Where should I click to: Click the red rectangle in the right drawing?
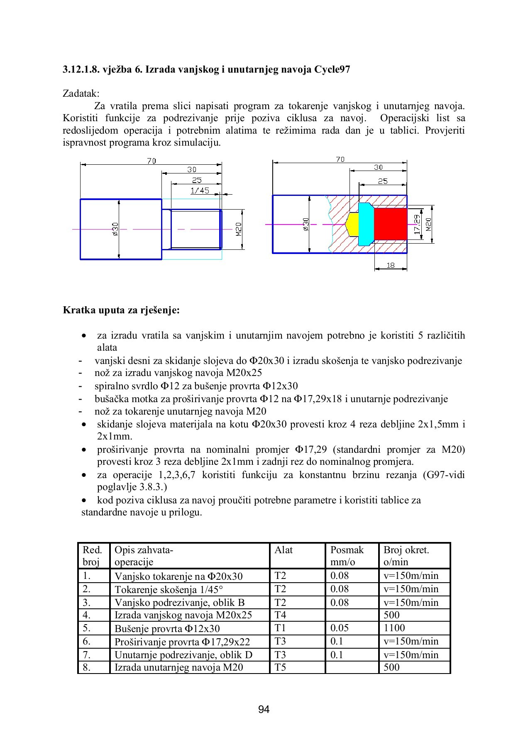pos(390,224)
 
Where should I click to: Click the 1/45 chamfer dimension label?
pos(200,190)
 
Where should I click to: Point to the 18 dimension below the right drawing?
pos(391,265)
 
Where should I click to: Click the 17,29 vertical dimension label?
pos(418,224)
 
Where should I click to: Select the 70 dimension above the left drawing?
pos(152,161)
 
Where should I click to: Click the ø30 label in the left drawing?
pos(115,229)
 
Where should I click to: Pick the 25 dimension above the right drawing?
pos(383,181)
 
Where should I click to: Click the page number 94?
pos(264,709)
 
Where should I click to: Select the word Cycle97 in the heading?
pos(332,69)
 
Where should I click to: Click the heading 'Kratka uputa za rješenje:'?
pos(121,310)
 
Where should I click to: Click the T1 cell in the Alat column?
pos(280,628)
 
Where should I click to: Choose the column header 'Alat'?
pos(284,550)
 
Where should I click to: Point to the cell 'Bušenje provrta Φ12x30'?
pos(167,628)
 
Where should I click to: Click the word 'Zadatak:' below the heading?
pos(81,93)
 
